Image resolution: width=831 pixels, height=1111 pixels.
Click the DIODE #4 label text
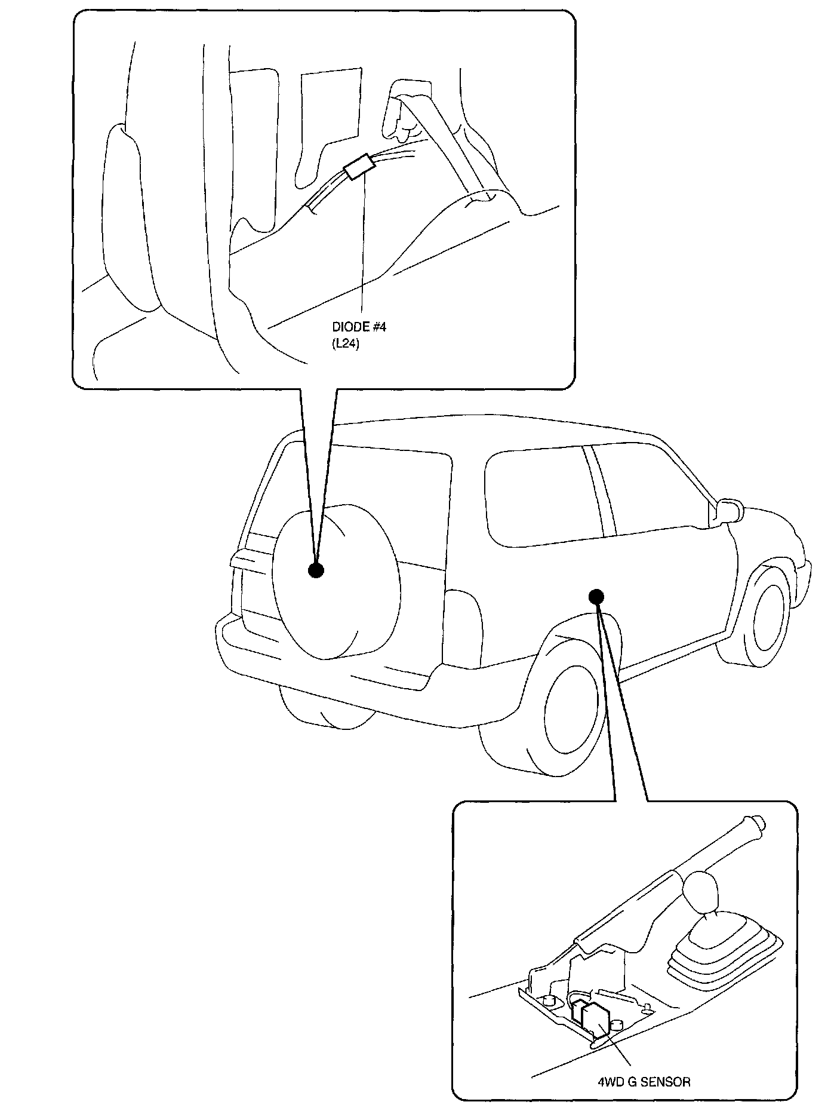[x=359, y=328]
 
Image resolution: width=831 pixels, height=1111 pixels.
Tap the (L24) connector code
[x=346, y=344]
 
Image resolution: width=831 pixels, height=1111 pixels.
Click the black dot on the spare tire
[x=316, y=570]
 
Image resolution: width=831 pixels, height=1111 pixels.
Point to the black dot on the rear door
[x=596, y=596]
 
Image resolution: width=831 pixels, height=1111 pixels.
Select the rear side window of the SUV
[x=537, y=496]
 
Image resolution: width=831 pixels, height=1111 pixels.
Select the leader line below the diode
[x=362, y=251]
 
